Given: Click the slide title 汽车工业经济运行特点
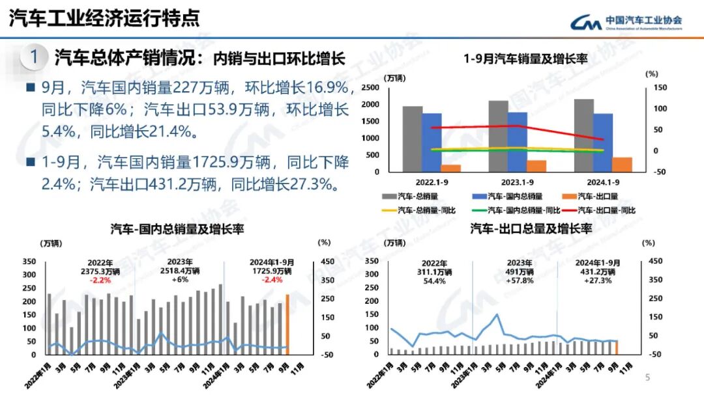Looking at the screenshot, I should point(104,18).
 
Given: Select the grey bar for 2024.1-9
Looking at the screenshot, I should point(583,135).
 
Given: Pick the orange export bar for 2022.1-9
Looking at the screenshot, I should point(451,168).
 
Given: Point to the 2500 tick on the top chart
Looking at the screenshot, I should point(370,88).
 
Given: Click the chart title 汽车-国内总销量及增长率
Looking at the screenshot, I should point(177,230).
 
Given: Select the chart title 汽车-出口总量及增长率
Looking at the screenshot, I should point(531,229).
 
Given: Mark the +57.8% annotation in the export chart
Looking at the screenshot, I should point(520,280).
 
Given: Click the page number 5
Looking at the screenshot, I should point(647,377).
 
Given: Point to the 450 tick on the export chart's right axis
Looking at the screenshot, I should point(653,262).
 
